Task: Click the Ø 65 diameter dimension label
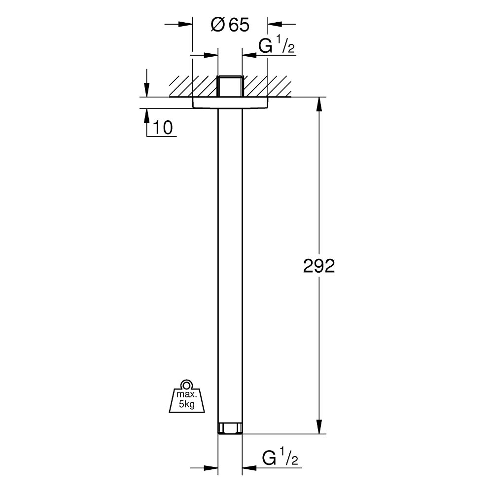point(230,25)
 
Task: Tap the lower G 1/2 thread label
point(281,458)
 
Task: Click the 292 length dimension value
point(318,266)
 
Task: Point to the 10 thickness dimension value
point(163,128)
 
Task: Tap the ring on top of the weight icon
point(186,385)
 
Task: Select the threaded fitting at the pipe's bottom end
point(230,428)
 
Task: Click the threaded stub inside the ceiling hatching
point(230,86)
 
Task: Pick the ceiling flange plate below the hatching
point(230,102)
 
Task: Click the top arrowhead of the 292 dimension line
point(319,104)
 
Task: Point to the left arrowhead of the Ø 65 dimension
point(186,23)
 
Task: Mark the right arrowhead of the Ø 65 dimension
point(274,23)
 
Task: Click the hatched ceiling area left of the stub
point(192,86)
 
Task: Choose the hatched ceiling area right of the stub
point(269,86)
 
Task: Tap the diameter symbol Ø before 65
point(217,25)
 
